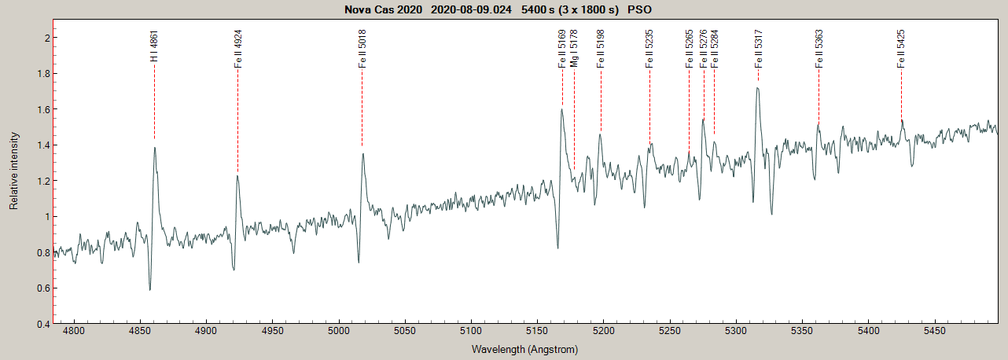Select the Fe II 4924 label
[237, 50]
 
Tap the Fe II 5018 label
[362, 50]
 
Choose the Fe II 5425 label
[901, 50]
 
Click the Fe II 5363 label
[819, 50]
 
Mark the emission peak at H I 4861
[155, 147]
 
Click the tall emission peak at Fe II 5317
[757, 88]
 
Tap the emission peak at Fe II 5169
[561, 109]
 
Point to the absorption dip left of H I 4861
[149, 289]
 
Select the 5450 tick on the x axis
[934, 332]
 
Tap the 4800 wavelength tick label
[74, 332]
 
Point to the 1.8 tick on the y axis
[43, 74]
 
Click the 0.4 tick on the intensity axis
[43, 324]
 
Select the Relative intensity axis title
[13, 180]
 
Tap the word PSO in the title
[639, 9]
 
